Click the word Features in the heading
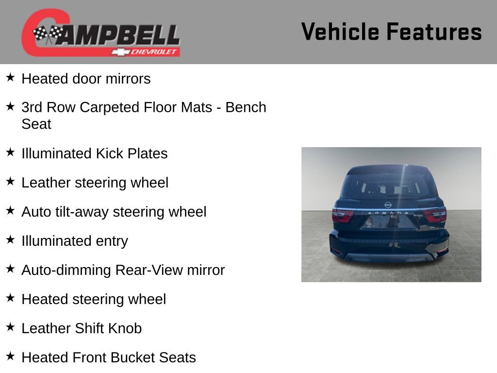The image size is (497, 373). click(434, 32)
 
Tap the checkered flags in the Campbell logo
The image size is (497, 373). click(48, 34)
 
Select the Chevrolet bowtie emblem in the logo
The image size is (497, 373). click(119, 51)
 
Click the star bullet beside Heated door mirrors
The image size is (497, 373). click(10, 77)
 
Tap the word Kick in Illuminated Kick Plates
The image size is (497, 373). click(109, 153)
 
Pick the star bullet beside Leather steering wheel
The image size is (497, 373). click(10, 181)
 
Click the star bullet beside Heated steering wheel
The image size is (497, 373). click(10, 298)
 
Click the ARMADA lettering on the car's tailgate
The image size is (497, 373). click(389, 213)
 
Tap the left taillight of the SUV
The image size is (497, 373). click(343, 215)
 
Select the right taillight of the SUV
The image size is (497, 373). click(435, 215)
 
